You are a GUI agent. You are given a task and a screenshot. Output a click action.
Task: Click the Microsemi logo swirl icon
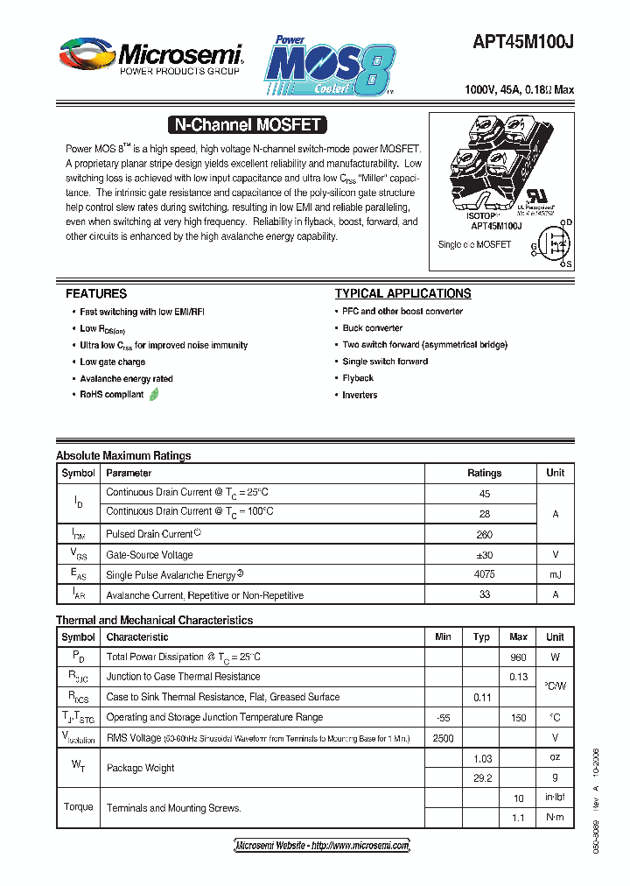86,54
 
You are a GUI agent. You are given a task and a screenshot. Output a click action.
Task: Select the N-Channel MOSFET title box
248,125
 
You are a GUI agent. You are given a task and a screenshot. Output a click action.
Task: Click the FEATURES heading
96,294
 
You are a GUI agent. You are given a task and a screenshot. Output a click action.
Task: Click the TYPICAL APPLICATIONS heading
402,294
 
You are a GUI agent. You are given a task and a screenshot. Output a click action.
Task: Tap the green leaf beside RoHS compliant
155,395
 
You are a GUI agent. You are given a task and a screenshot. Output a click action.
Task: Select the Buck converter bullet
373,328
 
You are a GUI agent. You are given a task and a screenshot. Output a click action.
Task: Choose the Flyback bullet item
358,378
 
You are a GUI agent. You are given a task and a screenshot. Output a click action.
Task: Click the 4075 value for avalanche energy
484,575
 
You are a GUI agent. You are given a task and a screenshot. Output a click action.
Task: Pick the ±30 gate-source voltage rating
484,555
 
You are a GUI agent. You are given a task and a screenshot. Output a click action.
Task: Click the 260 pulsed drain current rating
484,535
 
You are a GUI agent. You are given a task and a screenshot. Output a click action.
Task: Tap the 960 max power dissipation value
518,657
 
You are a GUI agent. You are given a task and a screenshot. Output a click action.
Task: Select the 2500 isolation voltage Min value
443,738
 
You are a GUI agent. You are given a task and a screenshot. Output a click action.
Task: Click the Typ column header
481,637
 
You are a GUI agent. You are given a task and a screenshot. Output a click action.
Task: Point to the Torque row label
79,807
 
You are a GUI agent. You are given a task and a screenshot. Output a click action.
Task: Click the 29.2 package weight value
482,777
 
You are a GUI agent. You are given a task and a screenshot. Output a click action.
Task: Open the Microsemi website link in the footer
322,846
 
